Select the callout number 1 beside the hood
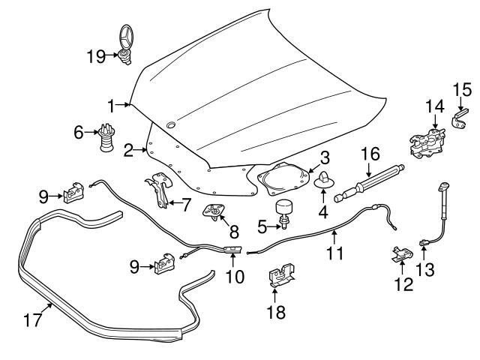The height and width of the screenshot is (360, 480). (112, 103)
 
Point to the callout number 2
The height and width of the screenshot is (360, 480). (129, 151)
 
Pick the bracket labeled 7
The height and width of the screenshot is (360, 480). (158, 190)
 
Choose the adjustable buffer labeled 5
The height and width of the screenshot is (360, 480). (285, 211)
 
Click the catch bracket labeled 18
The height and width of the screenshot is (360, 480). (282, 275)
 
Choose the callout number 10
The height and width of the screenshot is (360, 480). (235, 275)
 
